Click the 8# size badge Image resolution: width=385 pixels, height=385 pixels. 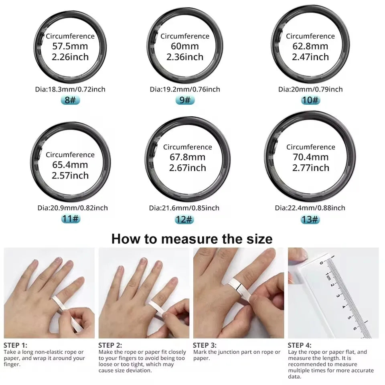tap(70, 100)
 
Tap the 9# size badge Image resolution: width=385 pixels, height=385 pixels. tap(185, 100)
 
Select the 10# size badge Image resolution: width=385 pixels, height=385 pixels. tap(310, 100)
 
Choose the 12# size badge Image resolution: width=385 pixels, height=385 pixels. tap(184, 219)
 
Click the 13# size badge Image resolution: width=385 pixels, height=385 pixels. tap(310, 219)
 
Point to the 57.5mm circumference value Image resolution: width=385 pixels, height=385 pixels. tap(70, 46)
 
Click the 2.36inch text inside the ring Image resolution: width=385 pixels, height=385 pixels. tap(185, 57)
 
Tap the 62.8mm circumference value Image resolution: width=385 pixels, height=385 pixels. tap(310, 46)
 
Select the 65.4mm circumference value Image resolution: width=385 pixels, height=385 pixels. tap(70, 165)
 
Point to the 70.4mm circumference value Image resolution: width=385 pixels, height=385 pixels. tap(310, 157)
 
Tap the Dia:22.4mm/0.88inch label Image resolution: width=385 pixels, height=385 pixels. tap(310, 208)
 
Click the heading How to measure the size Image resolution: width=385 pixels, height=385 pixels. tap(192, 239)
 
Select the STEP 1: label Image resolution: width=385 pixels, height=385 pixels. tap(16, 345)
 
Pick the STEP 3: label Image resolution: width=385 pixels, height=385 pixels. tap(205, 345)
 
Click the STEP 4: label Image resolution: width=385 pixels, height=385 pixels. tap(299, 345)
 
